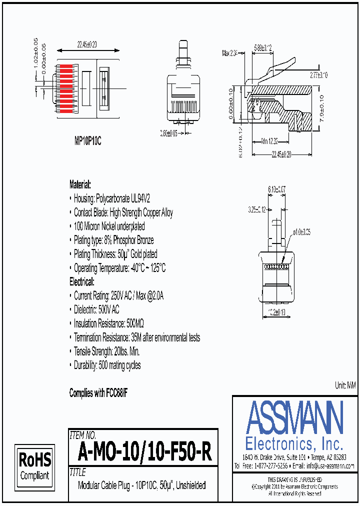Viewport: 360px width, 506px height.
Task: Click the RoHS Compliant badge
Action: click(x=34, y=465)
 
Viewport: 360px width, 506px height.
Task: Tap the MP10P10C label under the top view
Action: click(x=88, y=141)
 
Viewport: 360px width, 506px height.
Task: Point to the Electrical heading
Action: click(x=81, y=282)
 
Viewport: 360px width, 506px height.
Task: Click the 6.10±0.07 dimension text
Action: click(x=276, y=189)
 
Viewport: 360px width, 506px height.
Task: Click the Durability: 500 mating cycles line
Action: click(x=107, y=365)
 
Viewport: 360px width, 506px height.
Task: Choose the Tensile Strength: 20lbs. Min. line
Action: click(x=107, y=351)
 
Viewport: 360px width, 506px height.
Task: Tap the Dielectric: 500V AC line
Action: click(x=96, y=309)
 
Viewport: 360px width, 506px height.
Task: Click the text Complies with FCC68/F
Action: click(x=98, y=393)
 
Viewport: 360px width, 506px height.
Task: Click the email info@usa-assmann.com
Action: click(x=330, y=465)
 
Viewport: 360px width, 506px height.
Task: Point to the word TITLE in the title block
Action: click(x=78, y=472)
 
